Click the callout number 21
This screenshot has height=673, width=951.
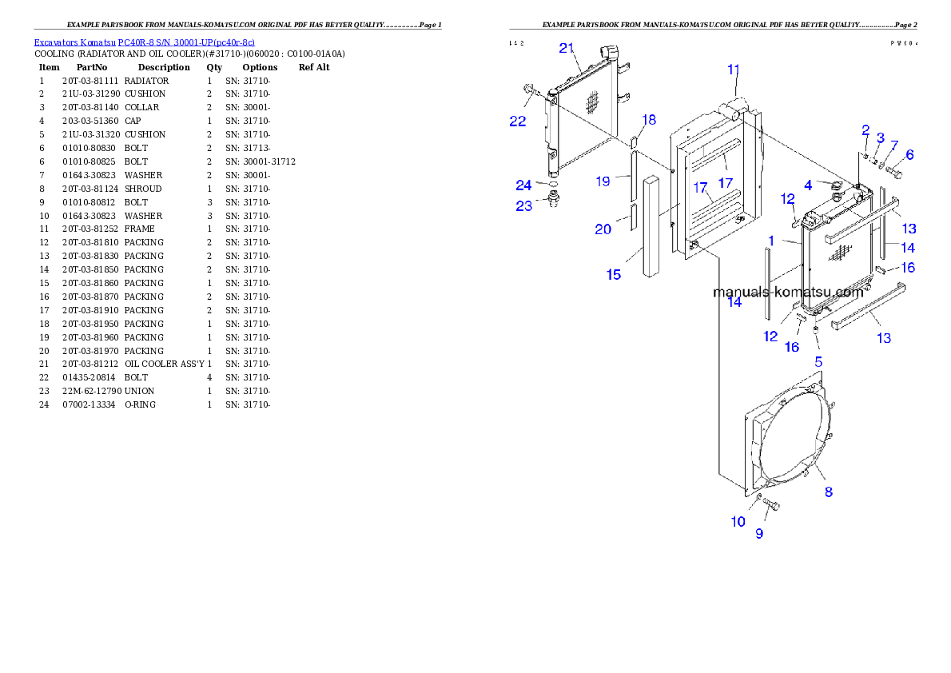[x=567, y=48]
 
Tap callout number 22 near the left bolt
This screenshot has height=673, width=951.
[x=518, y=121]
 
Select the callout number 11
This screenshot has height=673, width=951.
[x=734, y=70]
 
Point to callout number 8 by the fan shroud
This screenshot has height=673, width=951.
[x=829, y=492]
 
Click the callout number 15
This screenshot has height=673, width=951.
[x=613, y=274]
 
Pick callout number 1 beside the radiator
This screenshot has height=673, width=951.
[x=771, y=241]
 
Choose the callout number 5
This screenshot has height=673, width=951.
[x=818, y=361]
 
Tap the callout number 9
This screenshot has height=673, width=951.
[x=759, y=533]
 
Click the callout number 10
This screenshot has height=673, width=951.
[x=738, y=521]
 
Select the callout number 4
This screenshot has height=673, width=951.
[x=808, y=185]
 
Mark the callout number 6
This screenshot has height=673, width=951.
[x=909, y=154]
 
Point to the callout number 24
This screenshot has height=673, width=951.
[x=523, y=185]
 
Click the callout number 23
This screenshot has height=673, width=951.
[x=523, y=205]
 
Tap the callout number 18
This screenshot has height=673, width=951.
[x=649, y=119]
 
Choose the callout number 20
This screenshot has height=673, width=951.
[x=603, y=229]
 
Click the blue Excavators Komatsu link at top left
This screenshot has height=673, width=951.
[x=144, y=42]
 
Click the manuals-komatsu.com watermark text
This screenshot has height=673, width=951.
[x=788, y=292]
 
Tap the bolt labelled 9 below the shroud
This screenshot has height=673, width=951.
[x=771, y=504]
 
